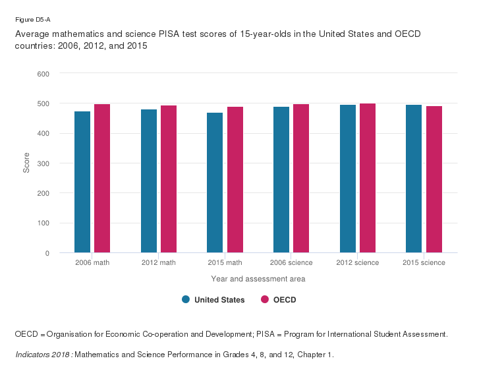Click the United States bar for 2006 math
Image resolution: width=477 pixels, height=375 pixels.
(82, 182)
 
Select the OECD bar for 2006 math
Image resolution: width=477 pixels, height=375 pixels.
(102, 178)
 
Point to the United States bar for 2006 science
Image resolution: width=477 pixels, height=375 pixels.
(281, 179)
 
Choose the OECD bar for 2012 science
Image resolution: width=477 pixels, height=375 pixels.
(368, 178)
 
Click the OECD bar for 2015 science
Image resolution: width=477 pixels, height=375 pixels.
(434, 179)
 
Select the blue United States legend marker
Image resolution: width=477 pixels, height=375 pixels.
(186, 300)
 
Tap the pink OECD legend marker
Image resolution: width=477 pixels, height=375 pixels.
(265, 300)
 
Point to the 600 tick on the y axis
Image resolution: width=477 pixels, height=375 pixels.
(43, 74)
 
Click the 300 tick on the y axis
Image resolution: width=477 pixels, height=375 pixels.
(43, 163)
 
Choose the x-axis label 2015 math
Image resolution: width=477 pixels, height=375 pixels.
(225, 263)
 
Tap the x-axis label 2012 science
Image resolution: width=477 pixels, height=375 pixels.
(357, 263)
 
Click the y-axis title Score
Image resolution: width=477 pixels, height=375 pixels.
(26, 163)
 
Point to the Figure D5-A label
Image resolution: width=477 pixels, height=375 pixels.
(28, 20)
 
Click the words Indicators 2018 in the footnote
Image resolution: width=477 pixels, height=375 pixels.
(43, 355)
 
